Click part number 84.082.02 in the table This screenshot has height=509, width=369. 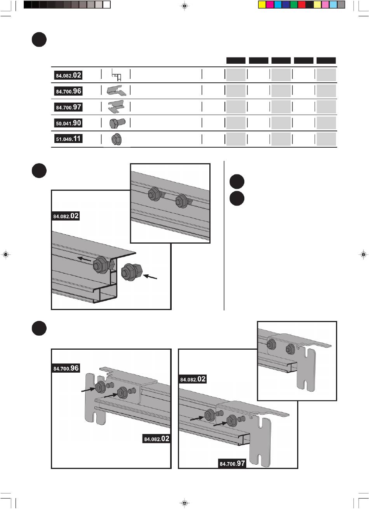click(68, 75)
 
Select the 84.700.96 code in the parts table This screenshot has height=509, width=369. click(68, 91)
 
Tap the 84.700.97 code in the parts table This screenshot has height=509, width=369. click(68, 107)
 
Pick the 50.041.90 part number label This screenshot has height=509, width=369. click(68, 123)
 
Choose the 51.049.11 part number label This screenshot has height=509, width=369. click(68, 139)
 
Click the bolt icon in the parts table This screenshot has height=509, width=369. click(117, 123)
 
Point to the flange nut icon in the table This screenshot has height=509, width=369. click(117, 139)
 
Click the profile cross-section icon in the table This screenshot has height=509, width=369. click(117, 75)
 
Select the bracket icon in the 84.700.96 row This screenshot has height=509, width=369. click(117, 91)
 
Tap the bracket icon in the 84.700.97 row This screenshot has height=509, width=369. click(117, 106)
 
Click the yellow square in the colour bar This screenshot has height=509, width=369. click(262, 5)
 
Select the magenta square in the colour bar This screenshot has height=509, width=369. click(270, 5)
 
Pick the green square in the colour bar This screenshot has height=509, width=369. click(294, 5)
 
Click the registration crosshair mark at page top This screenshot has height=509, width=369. click(184, 6)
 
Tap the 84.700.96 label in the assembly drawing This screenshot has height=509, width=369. click(66, 368)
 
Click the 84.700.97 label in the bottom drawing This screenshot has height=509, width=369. click(232, 463)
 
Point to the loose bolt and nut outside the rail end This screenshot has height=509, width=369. click(132, 272)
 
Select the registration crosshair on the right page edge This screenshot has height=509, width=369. click(363, 254)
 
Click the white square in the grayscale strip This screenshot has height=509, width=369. click(106, 5)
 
